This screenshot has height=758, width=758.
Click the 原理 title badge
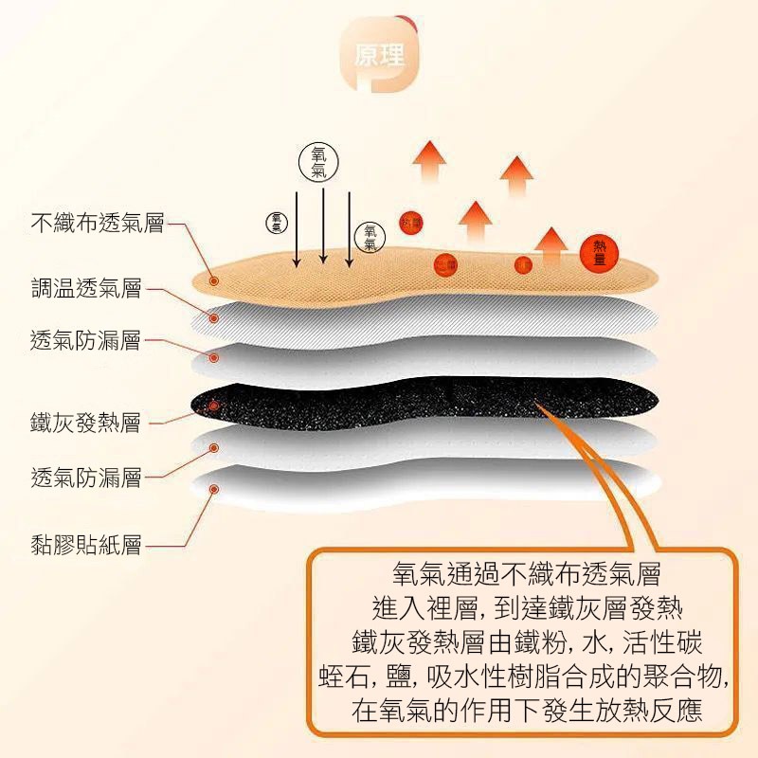pos(380,54)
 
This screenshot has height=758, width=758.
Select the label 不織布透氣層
pos(98,224)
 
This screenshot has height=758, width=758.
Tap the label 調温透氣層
pos(85,288)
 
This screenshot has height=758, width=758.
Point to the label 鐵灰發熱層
pos(85,423)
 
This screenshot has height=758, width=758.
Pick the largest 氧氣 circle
pos(318,163)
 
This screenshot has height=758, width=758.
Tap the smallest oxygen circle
pos(276,222)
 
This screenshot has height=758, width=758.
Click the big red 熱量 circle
pos(599,251)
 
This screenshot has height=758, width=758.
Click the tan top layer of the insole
pos(426,275)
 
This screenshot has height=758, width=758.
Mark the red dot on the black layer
pos(214,406)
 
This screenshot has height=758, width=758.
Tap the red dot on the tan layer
pos(214,280)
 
